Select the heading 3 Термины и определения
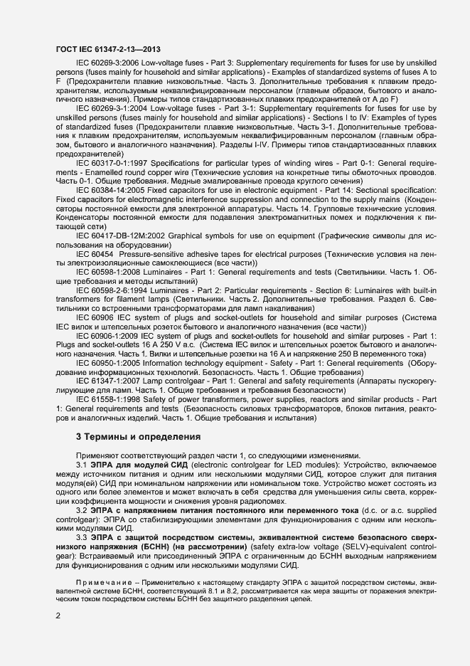(139, 435)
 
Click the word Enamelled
(89, 172)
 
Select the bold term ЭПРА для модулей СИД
(136, 465)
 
